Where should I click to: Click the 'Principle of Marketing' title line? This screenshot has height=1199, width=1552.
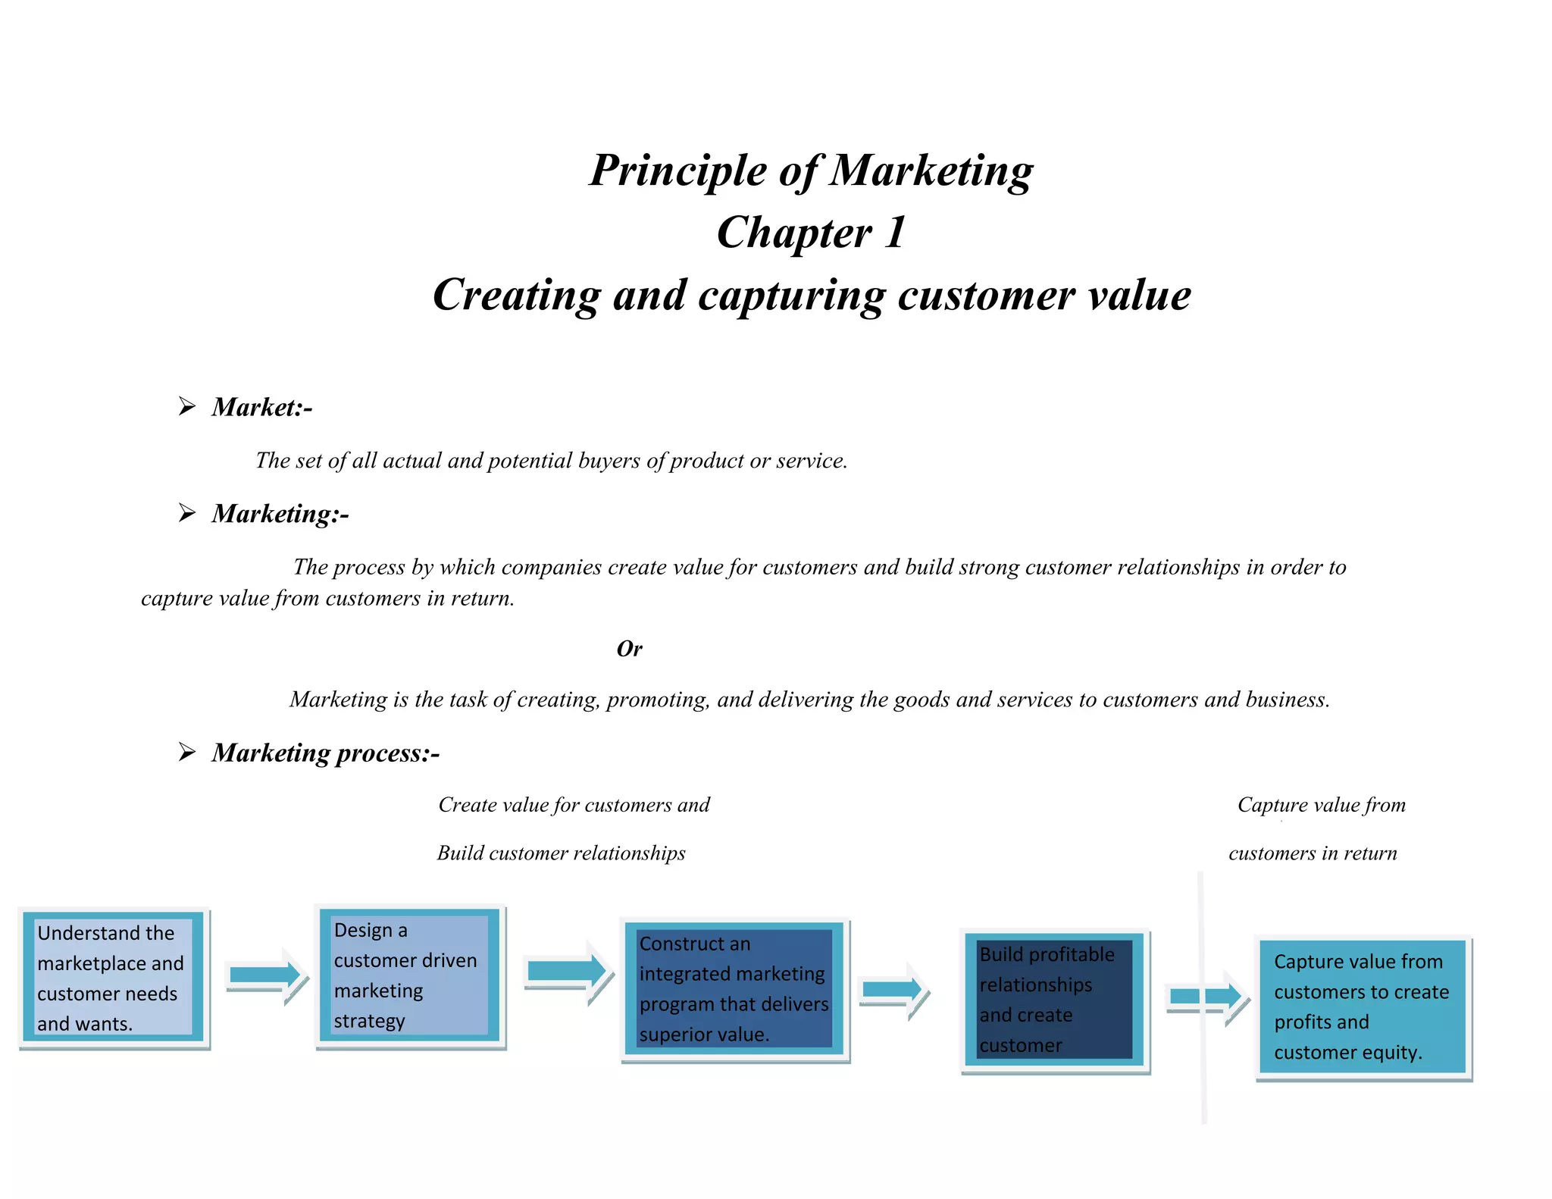[x=811, y=171]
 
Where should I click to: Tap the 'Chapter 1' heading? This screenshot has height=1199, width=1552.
[x=811, y=232]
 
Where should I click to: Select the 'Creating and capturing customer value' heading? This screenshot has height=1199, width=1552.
[x=811, y=295]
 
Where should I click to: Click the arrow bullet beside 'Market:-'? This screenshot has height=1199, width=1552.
[x=187, y=406]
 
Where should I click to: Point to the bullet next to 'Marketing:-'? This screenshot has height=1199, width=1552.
[x=187, y=513]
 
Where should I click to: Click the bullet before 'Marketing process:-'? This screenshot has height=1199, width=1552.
[x=187, y=752]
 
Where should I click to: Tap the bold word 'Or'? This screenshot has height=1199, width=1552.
[x=629, y=649]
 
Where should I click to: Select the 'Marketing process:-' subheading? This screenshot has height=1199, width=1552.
[x=326, y=753]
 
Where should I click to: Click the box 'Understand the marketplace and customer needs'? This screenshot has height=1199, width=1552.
[x=114, y=978]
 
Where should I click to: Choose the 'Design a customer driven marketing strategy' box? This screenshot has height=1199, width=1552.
[x=410, y=976]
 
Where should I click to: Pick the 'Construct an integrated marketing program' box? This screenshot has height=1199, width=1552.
[x=734, y=989]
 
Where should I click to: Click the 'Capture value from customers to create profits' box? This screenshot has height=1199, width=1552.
[x=1363, y=1007]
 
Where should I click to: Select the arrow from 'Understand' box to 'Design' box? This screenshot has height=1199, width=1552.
[x=266, y=975]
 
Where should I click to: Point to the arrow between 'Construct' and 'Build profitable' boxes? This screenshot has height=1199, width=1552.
[x=893, y=989]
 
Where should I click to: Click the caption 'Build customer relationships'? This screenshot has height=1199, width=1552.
[x=561, y=853]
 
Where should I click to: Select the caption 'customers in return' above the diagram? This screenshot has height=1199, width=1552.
[x=1313, y=853]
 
